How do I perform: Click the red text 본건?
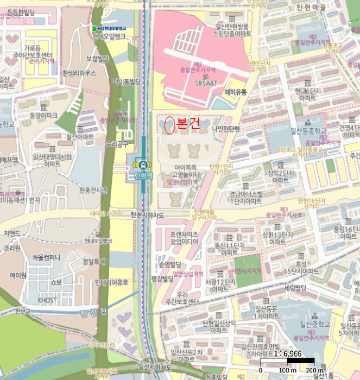point(189,124)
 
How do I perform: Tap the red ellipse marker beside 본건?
point(169,125)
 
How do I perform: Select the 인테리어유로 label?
point(111,282)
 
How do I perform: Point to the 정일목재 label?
point(93,261)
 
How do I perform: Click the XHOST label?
point(47,300)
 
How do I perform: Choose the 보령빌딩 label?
point(98,59)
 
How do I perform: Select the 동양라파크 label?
point(44,116)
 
